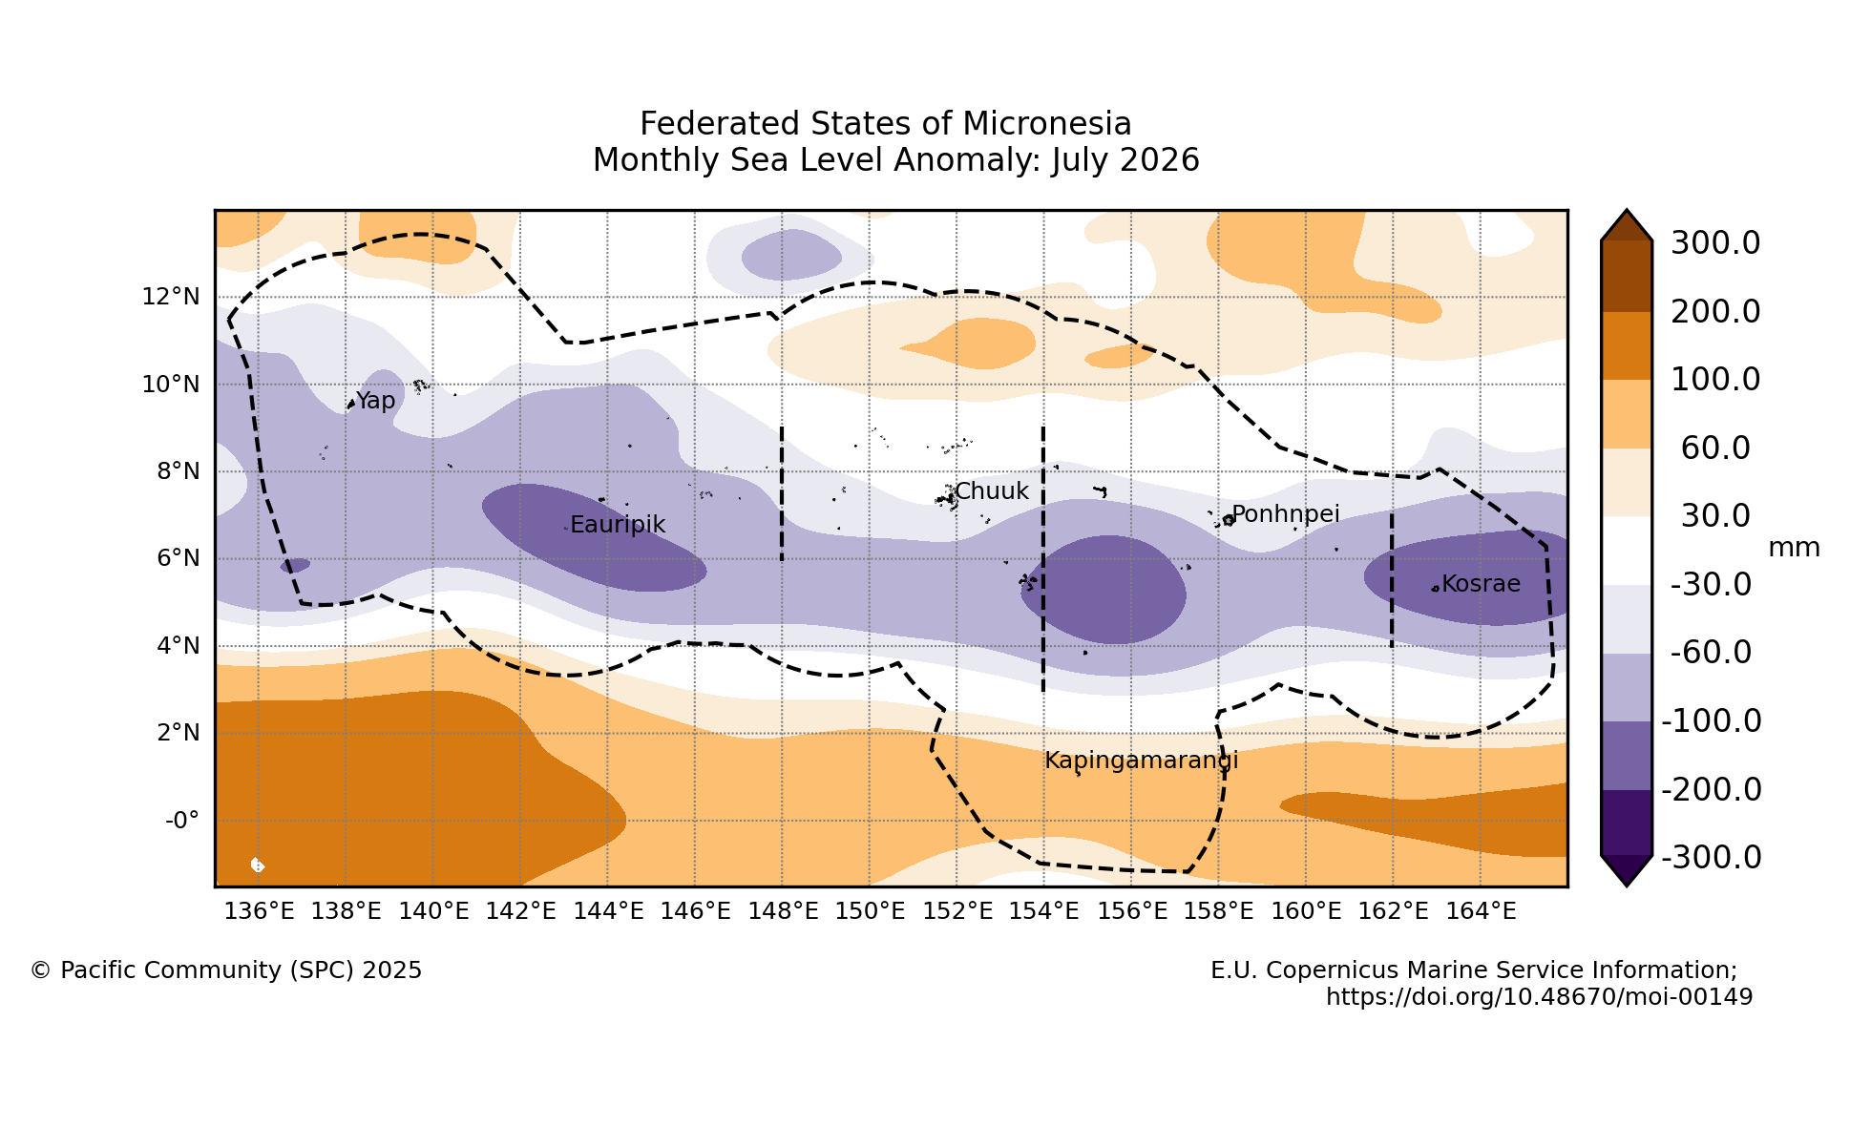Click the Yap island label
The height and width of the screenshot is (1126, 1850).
point(375,402)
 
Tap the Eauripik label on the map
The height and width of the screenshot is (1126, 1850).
point(618,525)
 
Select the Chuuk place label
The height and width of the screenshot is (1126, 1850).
point(992,491)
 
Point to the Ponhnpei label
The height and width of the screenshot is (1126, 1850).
point(1286,515)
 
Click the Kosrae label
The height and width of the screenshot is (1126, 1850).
point(1481,584)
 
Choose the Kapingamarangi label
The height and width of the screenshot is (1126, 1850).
point(1142,761)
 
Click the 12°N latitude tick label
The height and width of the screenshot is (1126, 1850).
point(171,297)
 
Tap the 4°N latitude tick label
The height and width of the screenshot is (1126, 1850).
point(178,646)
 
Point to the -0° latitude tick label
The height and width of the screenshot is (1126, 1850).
point(182,821)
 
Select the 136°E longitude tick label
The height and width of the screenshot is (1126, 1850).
point(260,911)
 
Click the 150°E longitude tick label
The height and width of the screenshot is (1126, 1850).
point(870,911)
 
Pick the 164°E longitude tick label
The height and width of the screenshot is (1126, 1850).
point(1481,911)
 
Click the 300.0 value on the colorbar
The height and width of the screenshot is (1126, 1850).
point(1715,243)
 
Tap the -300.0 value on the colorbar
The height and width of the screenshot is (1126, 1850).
point(1712,858)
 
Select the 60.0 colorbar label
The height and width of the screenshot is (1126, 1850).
point(1715,448)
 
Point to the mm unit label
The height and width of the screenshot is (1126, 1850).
point(1795,548)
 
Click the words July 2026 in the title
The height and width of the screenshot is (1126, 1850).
point(1125,160)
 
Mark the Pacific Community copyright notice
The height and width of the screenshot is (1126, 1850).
point(226,970)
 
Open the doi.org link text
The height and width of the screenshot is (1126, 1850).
point(1540,997)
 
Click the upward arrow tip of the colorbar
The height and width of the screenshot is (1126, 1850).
point(1627,211)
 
